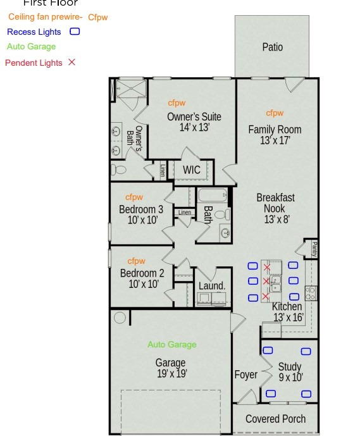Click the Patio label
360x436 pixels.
tap(273, 47)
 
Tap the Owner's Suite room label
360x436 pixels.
tap(194, 116)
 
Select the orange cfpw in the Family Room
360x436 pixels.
tap(275, 113)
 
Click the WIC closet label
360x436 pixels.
tap(192, 170)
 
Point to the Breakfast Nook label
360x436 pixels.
tap(275, 203)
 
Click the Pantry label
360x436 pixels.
tap(314, 248)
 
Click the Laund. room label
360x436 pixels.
tap(212, 286)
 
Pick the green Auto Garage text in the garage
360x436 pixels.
tap(172, 345)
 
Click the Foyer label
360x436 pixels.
tap(245, 375)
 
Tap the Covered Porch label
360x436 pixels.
tap(275, 419)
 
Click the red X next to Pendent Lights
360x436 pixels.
tap(71, 62)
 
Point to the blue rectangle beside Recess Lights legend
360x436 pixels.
tap(75, 31)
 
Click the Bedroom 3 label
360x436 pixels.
tap(141, 209)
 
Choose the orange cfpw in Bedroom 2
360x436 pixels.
tap(137, 261)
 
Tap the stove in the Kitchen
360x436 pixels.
tap(311, 292)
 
